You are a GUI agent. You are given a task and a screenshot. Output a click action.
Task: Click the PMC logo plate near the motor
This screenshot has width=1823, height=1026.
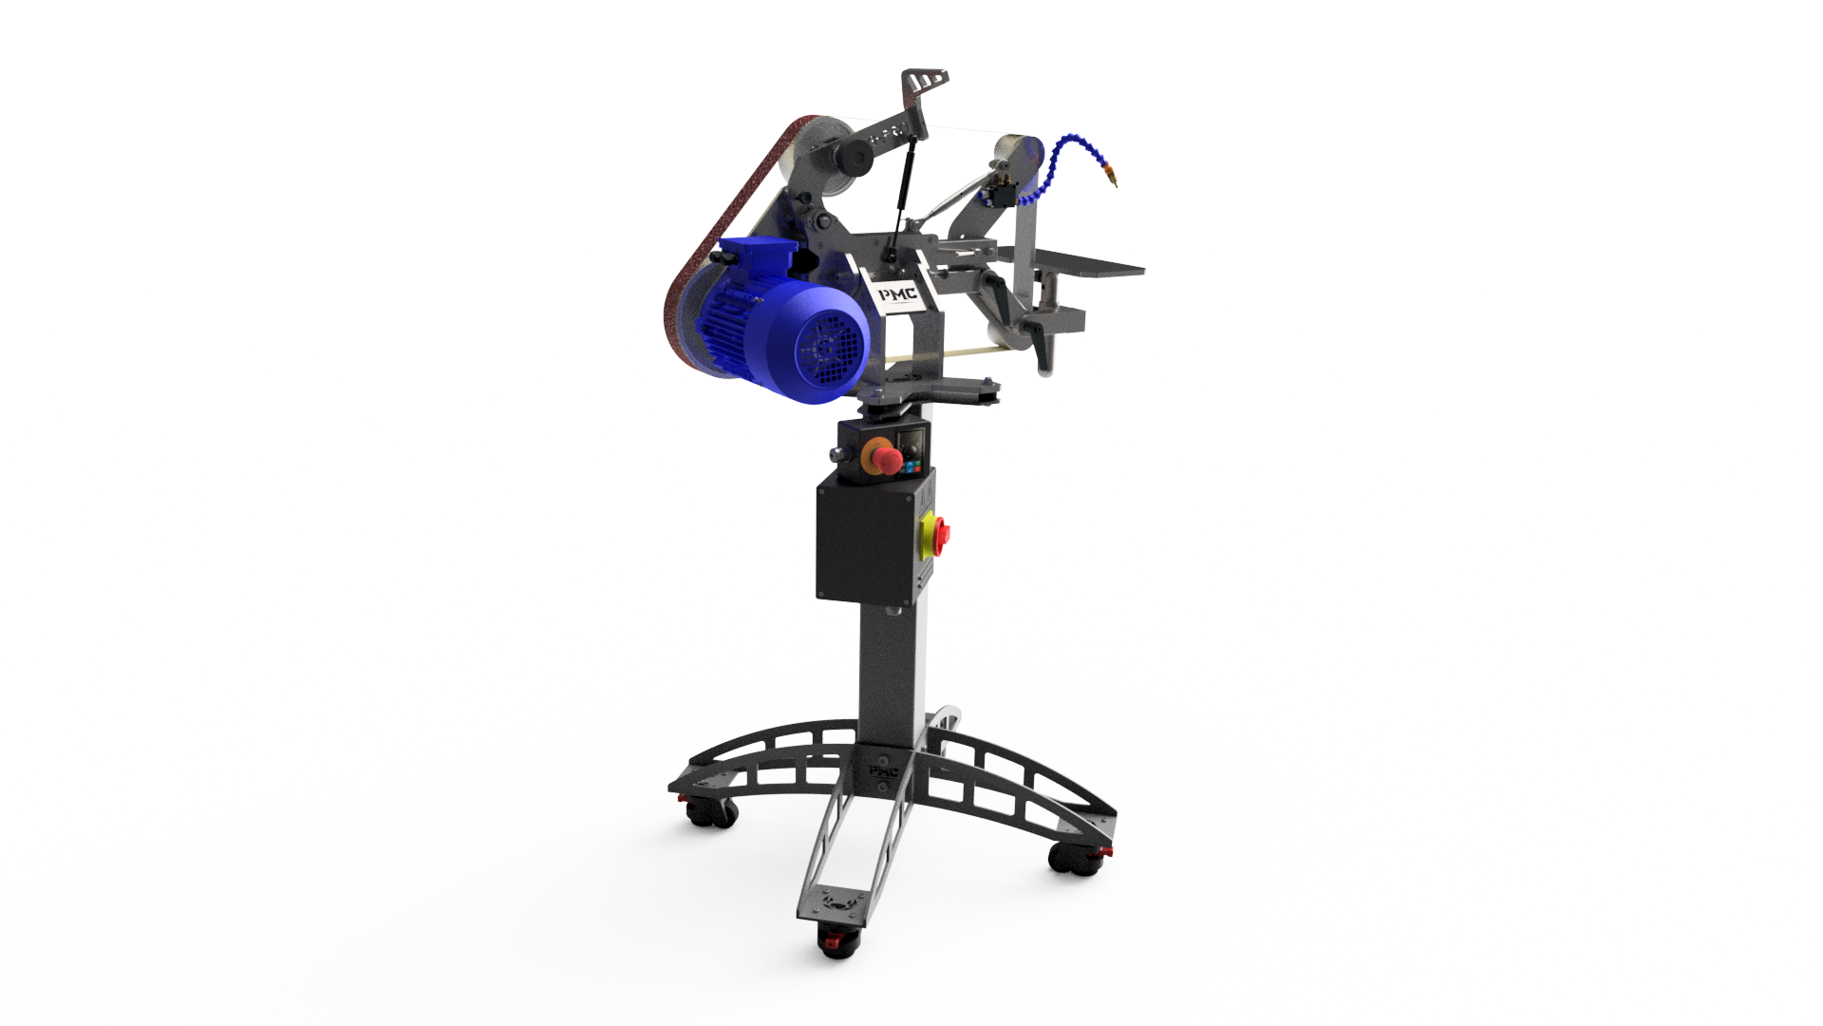[896, 294]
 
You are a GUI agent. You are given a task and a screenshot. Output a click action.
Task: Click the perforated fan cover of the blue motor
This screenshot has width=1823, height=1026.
[831, 348]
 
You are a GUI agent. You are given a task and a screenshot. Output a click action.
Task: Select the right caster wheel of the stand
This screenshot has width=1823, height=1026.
[1073, 859]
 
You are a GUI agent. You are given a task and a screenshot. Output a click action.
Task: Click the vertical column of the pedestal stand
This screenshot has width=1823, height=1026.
[889, 665]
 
